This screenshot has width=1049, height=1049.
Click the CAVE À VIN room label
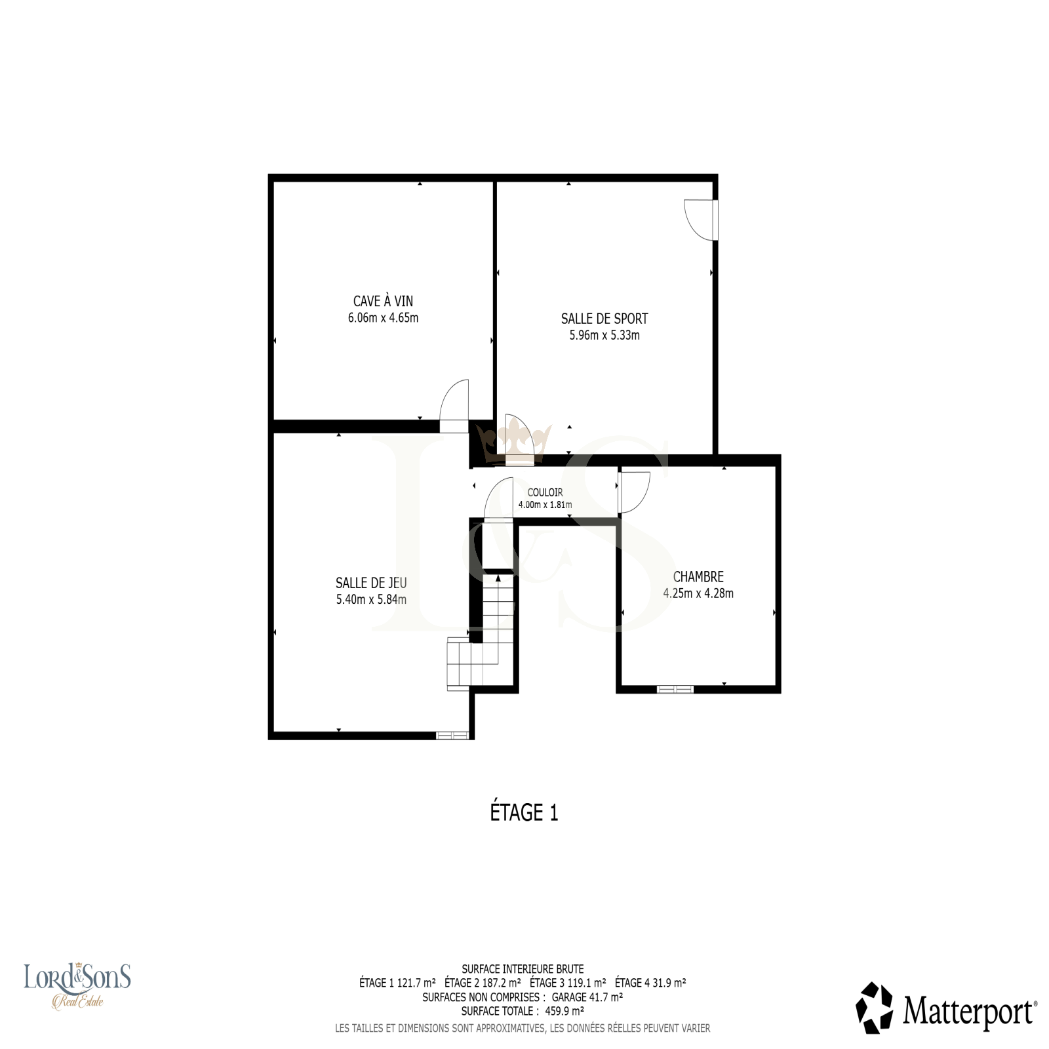coord(383,301)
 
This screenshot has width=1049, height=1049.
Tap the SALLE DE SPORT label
coord(604,319)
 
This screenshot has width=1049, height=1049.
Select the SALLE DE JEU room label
coord(371,583)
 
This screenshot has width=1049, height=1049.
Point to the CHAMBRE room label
coord(698,577)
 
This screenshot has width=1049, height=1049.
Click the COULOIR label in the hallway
coord(545,492)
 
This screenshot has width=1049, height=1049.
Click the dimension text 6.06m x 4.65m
coord(383,318)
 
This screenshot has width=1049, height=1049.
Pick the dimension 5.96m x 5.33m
coord(604,335)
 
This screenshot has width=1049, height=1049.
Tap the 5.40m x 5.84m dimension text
coord(371,599)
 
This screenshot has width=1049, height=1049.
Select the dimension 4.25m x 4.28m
coord(698,593)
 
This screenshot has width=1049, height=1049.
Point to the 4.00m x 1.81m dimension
coord(545,505)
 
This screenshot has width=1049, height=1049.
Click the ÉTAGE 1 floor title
coord(524,812)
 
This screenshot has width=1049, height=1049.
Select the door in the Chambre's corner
coord(633,492)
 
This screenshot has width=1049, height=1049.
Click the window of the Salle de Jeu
coord(452,736)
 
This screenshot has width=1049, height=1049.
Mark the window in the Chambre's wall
coord(675,689)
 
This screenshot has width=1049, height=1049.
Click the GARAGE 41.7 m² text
coord(587,997)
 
